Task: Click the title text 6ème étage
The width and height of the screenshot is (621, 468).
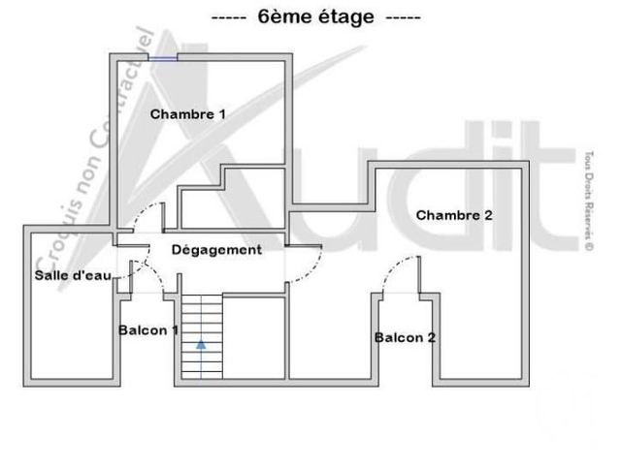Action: (315, 16)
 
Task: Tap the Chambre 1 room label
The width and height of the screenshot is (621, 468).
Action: (187, 114)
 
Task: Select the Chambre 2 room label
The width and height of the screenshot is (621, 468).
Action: (454, 215)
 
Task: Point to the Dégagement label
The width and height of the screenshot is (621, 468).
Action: (216, 250)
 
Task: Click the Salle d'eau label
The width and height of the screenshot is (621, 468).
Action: (73, 275)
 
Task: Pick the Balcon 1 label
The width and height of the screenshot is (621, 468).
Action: (148, 330)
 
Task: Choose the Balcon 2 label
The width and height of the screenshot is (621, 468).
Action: (405, 338)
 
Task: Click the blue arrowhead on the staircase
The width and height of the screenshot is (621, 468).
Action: (201, 345)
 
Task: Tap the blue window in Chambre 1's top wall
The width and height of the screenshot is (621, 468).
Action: (163, 58)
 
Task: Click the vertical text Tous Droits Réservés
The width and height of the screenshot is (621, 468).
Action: (589, 201)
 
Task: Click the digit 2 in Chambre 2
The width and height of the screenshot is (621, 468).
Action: (488, 215)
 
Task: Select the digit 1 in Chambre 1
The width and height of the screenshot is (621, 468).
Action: (222, 114)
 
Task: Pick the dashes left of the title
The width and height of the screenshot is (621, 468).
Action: (229, 18)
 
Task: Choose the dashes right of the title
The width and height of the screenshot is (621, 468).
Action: (404, 18)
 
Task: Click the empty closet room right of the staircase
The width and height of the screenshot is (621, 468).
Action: (254, 338)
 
